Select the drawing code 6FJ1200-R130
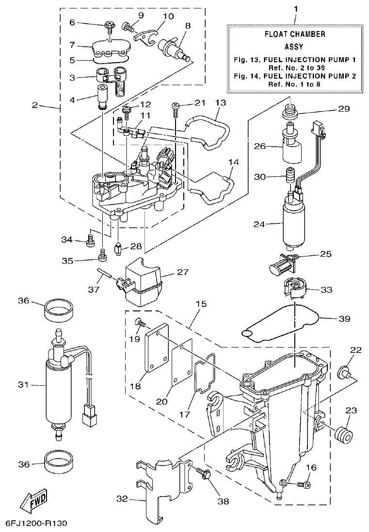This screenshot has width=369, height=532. [x=36, y=523]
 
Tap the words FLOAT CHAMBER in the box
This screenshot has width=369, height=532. [x=294, y=34]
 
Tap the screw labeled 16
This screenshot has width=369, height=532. [x=304, y=484]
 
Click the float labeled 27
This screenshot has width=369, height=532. [x=144, y=282]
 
